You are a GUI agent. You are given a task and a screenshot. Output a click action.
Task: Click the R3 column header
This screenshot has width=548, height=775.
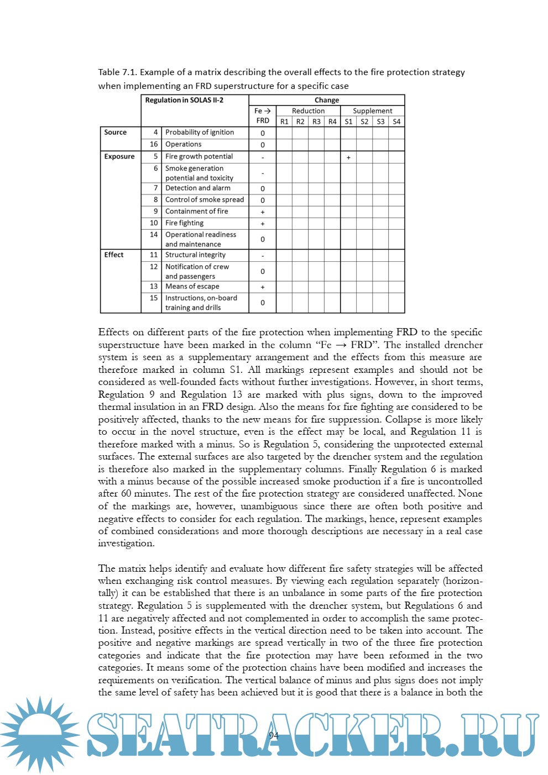(x=316, y=122)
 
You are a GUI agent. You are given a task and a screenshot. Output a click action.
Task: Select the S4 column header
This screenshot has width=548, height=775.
(x=396, y=122)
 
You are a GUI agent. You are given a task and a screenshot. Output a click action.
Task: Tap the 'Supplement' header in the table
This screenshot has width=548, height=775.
(x=372, y=111)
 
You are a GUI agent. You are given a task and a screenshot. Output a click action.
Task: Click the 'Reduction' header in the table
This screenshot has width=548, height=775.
(x=308, y=111)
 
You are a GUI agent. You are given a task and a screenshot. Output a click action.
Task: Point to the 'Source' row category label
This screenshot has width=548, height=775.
(x=115, y=133)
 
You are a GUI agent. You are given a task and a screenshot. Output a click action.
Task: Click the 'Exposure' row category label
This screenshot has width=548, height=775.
(x=119, y=157)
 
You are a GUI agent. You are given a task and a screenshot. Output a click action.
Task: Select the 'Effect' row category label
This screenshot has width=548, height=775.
(x=114, y=255)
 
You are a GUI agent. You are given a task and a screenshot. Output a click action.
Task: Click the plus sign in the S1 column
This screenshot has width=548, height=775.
(x=348, y=157)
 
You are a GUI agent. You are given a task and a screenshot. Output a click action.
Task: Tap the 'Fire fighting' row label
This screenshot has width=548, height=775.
(x=184, y=223)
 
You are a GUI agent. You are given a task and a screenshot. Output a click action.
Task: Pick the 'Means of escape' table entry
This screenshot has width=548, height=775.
(x=192, y=287)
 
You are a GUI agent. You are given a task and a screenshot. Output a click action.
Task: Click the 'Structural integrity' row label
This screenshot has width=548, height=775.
(x=195, y=255)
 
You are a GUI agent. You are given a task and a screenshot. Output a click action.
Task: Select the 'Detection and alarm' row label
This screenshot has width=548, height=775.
(x=197, y=188)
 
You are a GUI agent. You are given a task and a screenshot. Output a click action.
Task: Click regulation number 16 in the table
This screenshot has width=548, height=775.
(x=154, y=145)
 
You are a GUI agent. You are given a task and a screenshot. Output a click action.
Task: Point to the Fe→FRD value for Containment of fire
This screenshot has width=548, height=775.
(x=263, y=212)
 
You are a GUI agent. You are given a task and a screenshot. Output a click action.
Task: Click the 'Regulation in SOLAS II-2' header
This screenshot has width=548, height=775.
(x=184, y=101)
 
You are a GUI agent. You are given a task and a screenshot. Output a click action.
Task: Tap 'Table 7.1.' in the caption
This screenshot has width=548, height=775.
(x=117, y=72)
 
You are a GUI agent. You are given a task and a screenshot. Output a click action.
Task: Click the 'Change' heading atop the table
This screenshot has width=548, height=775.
(x=327, y=101)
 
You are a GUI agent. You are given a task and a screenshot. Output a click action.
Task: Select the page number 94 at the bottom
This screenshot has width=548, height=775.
(x=273, y=735)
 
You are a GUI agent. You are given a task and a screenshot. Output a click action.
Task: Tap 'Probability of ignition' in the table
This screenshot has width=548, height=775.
(x=199, y=133)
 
